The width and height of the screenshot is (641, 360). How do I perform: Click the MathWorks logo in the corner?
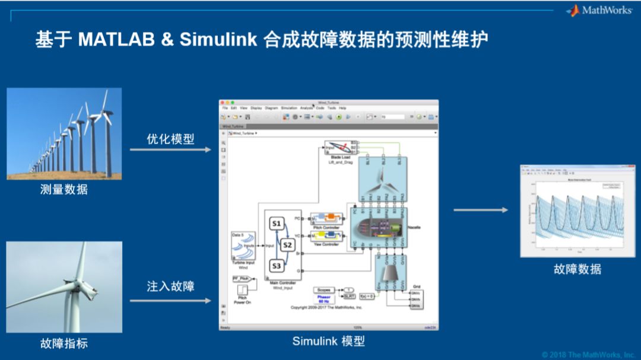(x=599, y=11)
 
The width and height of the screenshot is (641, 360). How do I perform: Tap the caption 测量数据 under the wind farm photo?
(x=64, y=190)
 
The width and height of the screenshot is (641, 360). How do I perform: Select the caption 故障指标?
(x=64, y=343)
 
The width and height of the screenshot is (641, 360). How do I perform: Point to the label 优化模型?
(x=170, y=139)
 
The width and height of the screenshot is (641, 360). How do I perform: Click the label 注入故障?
(x=170, y=286)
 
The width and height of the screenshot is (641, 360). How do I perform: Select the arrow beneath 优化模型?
(x=170, y=149)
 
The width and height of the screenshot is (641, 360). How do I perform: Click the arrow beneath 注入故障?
(x=170, y=301)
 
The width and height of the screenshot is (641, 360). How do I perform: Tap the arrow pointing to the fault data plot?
(x=481, y=210)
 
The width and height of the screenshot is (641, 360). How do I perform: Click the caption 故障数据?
(x=577, y=269)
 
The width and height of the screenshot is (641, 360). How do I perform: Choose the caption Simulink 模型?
(x=328, y=341)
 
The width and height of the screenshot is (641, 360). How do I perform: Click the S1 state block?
(x=276, y=224)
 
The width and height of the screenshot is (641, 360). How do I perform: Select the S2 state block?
(x=287, y=244)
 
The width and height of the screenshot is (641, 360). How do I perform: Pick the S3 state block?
(x=276, y=266)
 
